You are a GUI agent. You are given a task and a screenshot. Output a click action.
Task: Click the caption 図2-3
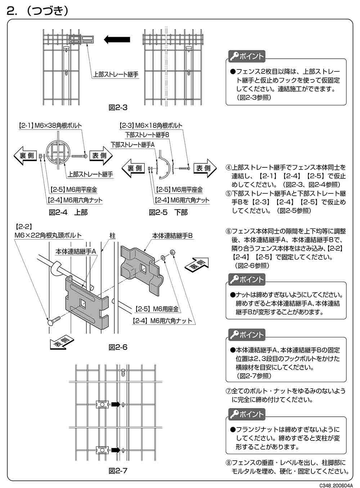118,107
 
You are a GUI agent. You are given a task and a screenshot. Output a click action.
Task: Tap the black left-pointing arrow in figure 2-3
117,39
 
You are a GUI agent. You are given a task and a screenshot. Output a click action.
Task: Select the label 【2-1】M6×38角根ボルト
50,126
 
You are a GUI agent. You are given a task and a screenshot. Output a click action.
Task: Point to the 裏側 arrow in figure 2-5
134,168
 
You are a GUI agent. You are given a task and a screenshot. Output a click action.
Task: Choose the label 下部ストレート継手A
132,144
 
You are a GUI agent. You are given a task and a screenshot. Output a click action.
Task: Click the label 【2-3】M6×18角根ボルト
151,126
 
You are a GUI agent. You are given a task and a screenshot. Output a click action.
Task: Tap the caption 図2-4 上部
68,212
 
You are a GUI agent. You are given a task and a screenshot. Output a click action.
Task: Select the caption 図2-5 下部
168,212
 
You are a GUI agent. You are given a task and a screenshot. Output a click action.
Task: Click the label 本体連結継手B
172,235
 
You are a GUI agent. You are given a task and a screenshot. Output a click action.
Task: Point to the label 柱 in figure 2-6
113,235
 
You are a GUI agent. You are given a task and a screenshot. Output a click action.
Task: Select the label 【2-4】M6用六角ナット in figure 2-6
162,321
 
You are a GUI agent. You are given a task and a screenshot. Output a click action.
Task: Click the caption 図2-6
118,347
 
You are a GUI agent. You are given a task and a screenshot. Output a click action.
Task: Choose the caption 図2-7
118,471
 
